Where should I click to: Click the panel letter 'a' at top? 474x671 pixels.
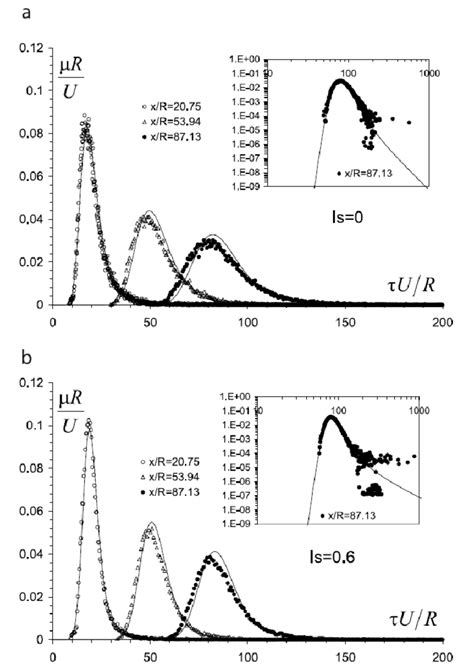click(x=8, y=8)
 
